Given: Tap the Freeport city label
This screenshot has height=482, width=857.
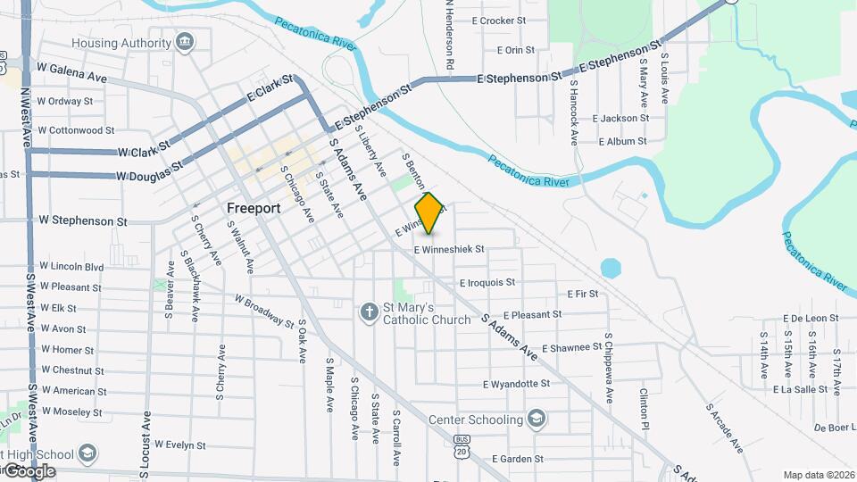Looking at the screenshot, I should (x=254, y=208).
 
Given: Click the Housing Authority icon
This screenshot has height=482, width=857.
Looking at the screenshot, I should (x=185, y=42).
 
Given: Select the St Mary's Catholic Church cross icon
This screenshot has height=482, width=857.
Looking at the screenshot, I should (x=369, y=312).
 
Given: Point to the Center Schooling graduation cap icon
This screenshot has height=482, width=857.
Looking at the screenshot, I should (x=537, y=419).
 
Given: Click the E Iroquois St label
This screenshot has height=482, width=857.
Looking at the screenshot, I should (x=487, y=282).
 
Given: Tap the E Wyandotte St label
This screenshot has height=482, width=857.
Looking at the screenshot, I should (x=516, y=384).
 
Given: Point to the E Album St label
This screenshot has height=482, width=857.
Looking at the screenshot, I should (x=622, y=141).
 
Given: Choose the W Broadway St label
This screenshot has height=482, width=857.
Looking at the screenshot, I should (x=264, y=310).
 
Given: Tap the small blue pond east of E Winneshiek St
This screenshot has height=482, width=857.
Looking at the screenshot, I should (x=611, y=268).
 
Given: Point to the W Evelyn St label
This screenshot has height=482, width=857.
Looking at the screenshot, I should (x=180, y=444).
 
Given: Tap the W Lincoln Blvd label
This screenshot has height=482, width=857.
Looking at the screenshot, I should (x=71, y=266).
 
